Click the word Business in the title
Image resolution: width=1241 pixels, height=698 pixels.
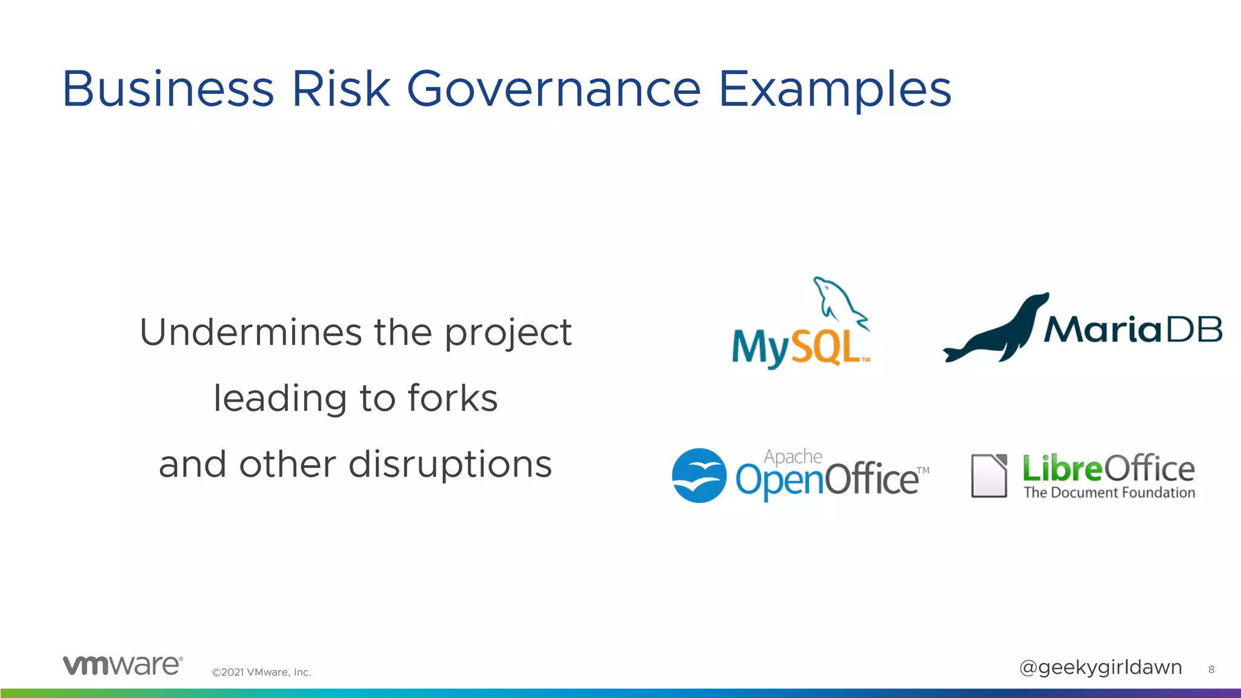(168, 89)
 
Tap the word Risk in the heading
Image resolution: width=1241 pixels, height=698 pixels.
(341, 89)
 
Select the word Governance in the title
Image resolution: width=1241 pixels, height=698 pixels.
(553, 89)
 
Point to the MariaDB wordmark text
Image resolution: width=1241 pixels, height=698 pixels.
(1132, 330)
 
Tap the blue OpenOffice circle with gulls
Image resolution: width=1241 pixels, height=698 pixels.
(699, 475)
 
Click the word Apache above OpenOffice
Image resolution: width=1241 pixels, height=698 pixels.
(793, 456)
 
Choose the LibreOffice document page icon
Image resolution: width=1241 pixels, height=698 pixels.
(988, 476)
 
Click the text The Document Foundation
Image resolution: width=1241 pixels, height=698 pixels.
(1109, 493)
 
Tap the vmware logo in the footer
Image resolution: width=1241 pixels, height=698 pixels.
(122, 665)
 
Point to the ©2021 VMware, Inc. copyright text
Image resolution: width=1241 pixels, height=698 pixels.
(261, 672)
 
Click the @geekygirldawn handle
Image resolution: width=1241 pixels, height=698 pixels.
(1100, 667)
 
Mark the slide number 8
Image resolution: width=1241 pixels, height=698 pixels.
(1211, 670)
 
